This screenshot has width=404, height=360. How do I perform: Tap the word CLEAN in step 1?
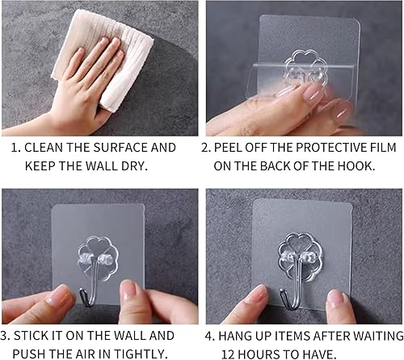[x=44, y=148]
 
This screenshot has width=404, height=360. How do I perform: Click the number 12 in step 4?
[x=228, y=354]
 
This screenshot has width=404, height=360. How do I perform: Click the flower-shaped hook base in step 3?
[x=98, y=258]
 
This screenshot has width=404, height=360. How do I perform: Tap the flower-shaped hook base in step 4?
[x=300, y=257]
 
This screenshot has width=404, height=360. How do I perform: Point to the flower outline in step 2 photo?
[x=305, y=67]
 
